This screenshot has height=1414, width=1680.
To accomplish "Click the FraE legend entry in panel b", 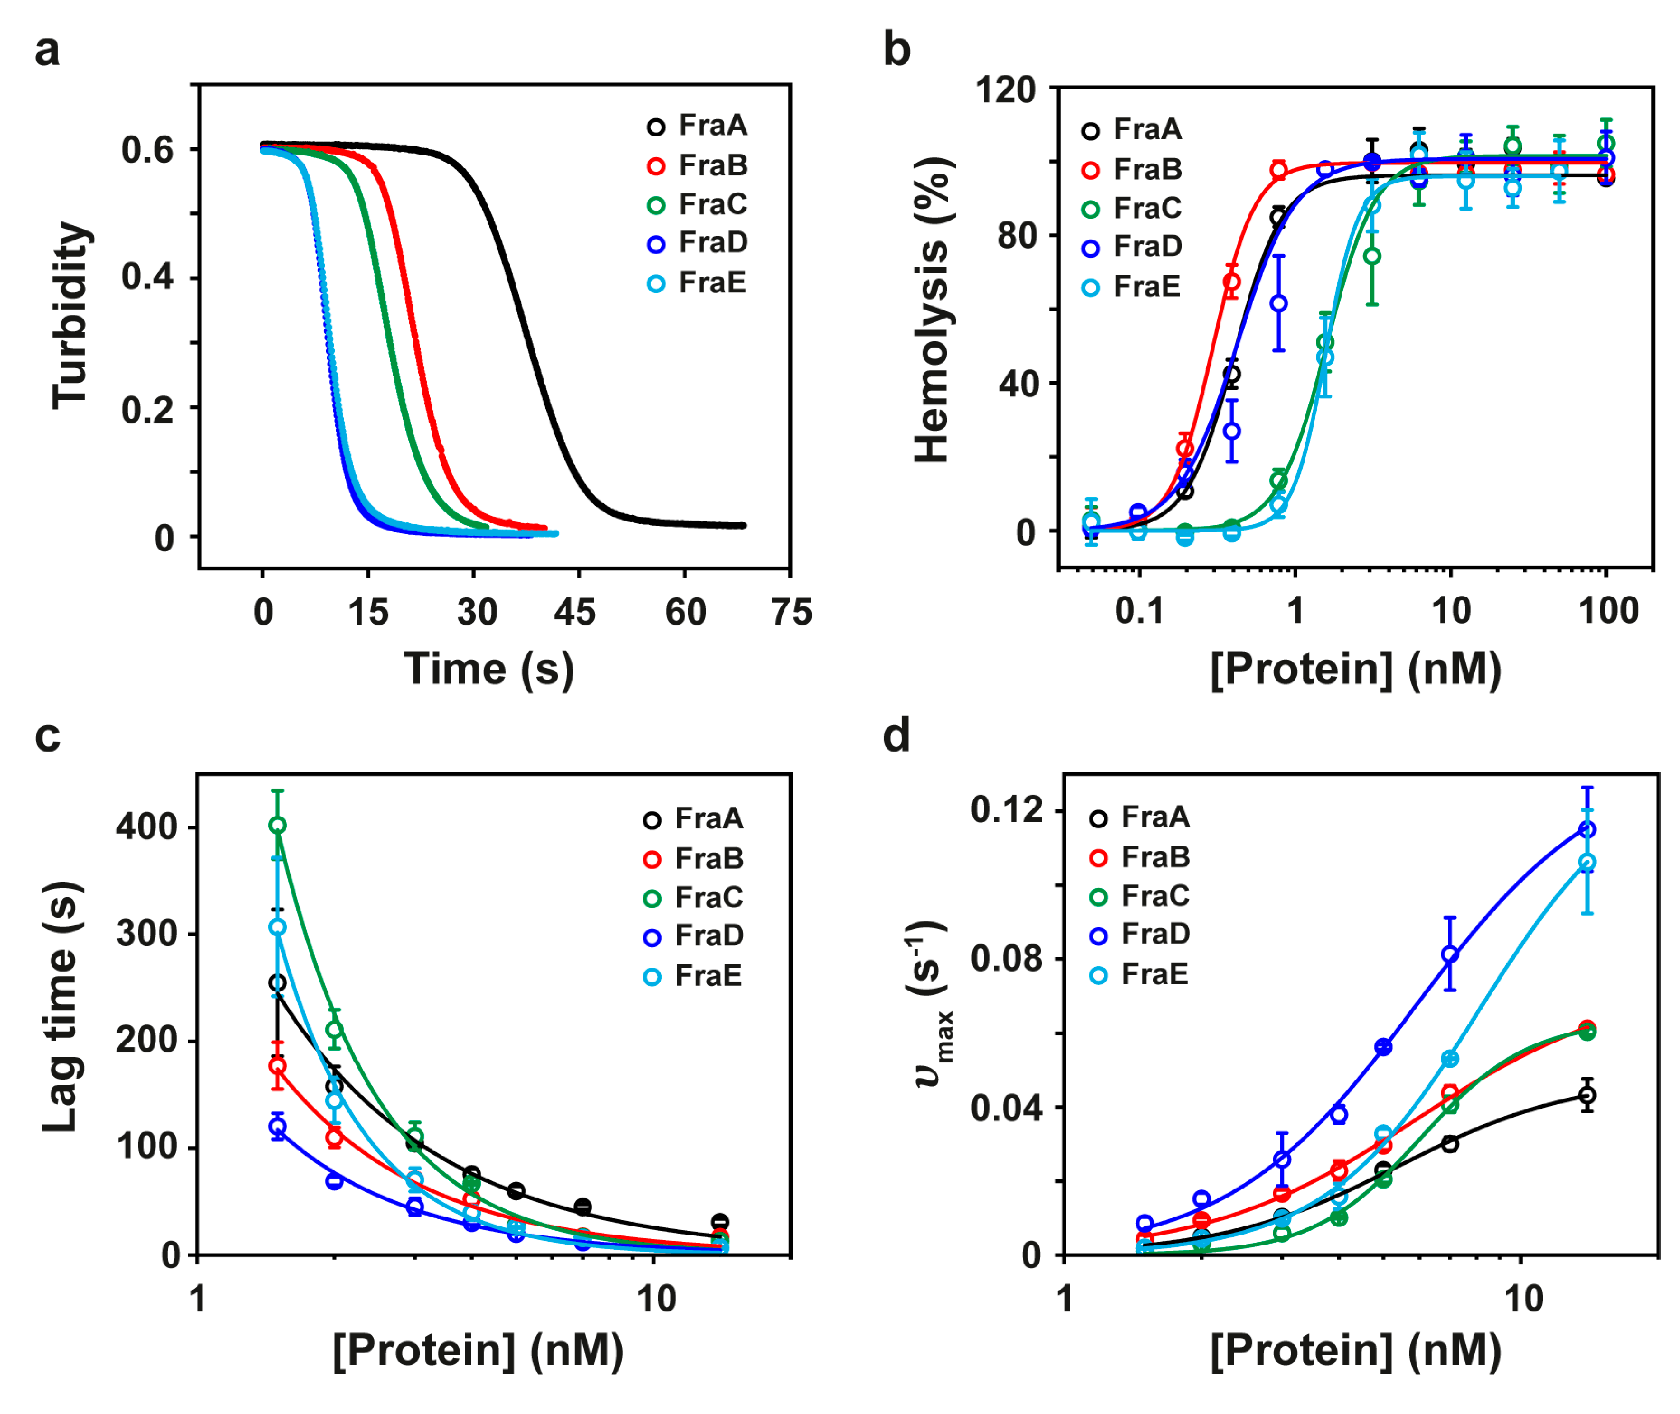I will [x=1131, y=286].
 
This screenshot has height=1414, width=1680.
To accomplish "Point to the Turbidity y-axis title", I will [x=70, y=315].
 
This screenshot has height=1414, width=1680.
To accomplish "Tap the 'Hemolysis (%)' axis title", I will [x=932, y=310].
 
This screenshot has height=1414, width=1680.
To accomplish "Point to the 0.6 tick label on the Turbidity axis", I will [x=147, y=150].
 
